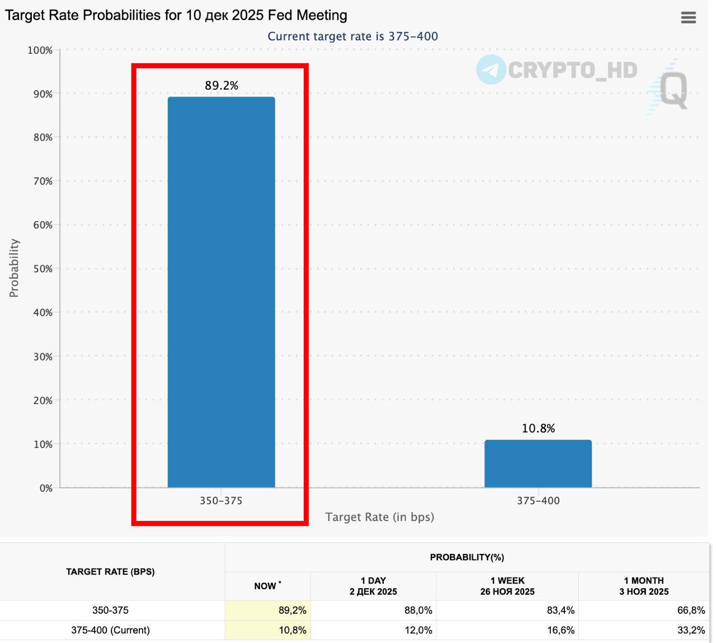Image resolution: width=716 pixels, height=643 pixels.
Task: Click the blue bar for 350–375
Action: coord(221,291)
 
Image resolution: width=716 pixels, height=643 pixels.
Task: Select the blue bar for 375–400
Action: coord(538,464)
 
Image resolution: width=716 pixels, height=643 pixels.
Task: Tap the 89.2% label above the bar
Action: coord(222,86)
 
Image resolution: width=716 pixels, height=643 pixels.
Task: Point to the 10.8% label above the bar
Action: coord(538,428)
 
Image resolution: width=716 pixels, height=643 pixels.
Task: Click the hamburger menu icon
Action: coord(688,17)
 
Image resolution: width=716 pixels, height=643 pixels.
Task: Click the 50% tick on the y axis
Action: coord(43,269)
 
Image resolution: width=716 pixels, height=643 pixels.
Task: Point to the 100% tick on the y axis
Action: coord(40,50)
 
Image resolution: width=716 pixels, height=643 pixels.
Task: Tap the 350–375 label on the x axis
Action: coord(221,501)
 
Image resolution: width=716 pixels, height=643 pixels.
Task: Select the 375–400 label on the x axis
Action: coord(538,501)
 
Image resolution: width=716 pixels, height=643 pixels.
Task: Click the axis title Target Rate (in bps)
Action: coord(379,517)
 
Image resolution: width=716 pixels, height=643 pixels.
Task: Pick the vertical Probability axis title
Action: coord(14,268)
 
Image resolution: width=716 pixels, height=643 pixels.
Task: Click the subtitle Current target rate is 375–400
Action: coord(352,36)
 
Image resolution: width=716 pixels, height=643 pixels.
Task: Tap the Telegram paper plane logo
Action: coord(491,69)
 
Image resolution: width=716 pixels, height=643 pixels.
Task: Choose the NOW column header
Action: coord(266,586)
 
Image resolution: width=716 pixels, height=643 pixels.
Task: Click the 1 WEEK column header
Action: coord(507,586)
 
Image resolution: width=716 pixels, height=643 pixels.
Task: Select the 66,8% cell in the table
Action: coord(691,610)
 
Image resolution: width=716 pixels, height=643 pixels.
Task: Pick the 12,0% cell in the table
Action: coord(418,630)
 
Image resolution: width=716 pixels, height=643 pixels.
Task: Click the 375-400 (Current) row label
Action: coord(110,630)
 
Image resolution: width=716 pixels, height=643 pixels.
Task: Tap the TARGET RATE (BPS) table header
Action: coord(110,571)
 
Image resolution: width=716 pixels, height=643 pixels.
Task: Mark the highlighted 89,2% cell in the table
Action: coord(293,610)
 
